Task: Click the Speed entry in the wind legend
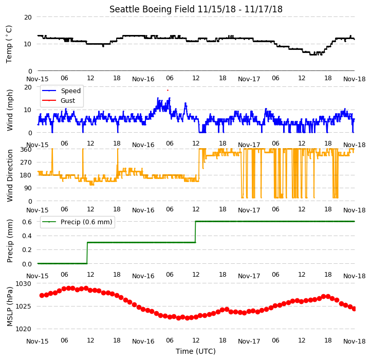[x=71, y=91]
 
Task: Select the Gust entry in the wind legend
[x=68, y=101]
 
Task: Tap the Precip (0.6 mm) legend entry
[x=86, y=222]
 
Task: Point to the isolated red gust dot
[x=168, y=90]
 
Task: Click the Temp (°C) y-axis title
[x=9, y=44]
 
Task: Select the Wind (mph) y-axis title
[x=9, y=110]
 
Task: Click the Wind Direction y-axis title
[x=9, y=175]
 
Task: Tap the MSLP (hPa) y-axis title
[x=9, y=307]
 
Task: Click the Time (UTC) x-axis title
[x=196, y=351]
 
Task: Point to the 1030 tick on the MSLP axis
[x=24, y=284]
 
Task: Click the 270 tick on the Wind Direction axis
[x=26, y=163]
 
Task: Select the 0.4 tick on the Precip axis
[x=27, y=236]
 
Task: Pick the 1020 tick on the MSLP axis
[x=24, y=329]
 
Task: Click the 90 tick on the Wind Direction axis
[x=28, y=188]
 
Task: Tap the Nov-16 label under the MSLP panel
[x=143, y=341]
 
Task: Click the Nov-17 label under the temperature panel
[x=249, y=79]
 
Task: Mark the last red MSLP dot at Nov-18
[x=354, y=309]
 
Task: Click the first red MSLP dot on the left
[x=42, y=295]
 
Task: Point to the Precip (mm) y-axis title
[x=9, y=241]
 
